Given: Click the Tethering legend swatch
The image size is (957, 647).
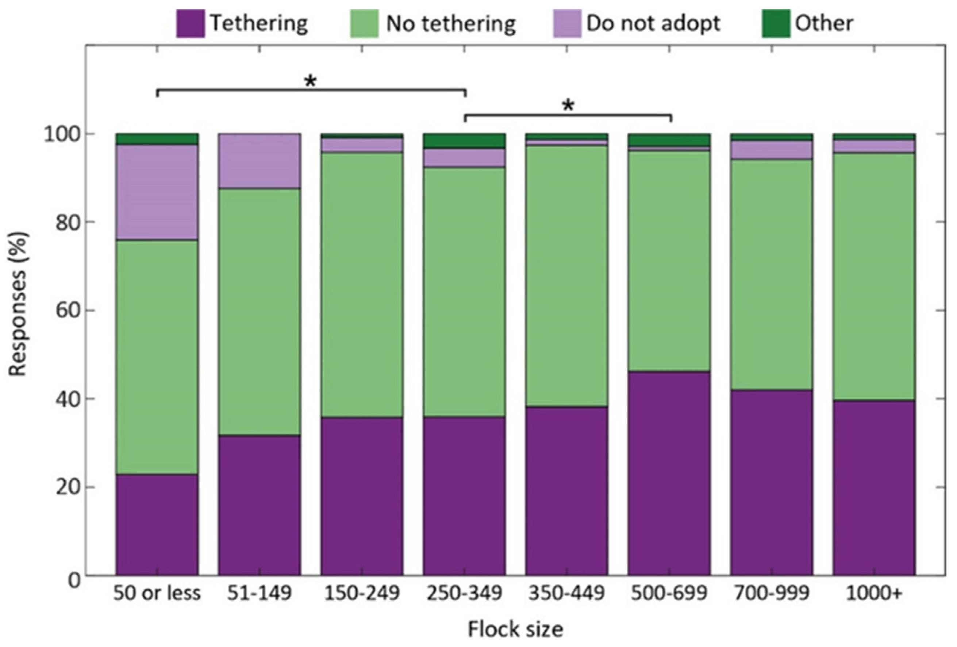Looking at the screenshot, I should [190, 23].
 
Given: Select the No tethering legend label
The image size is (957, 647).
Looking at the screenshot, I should [450, 23].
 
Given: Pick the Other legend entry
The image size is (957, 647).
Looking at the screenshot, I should [823, 23].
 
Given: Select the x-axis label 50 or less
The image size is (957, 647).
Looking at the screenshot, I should [157, 594].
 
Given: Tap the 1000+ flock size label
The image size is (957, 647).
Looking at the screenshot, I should [874, 594].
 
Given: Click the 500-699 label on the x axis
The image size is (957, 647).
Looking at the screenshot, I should [669, 594].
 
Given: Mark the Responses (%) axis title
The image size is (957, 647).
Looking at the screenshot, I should [19, 304].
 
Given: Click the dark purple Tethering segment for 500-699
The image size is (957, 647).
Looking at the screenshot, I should [669, 473].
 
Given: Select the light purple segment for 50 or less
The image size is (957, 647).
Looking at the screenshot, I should [157, 192].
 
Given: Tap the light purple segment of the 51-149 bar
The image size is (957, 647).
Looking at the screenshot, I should [259, 161].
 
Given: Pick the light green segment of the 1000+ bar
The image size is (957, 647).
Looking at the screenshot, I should [874, 276].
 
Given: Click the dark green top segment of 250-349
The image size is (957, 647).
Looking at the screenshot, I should [464, 141].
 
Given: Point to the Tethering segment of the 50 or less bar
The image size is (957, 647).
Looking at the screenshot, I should [157, 524].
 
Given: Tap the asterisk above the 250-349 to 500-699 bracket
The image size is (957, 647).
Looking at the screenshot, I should [568, 106].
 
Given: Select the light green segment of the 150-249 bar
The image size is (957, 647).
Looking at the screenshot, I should [362, 284].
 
